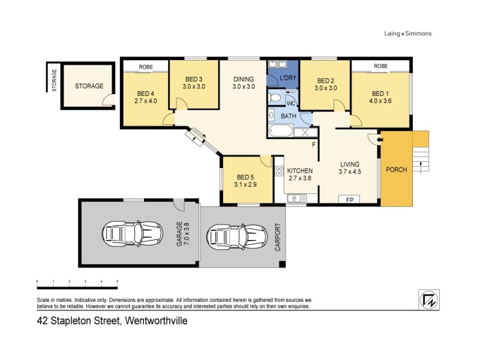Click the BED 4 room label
(146, 93)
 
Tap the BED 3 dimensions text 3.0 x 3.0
(194, 86)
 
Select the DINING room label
(244, 79)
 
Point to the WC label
(290, 103)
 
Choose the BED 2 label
(325, 80)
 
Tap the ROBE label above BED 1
(380, 66)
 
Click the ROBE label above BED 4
(145, 67)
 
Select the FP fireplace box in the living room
(349, 200)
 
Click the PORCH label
(397, 170)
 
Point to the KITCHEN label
(300, 171)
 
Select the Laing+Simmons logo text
(407, 34)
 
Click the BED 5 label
(247, 177)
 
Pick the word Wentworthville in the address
(155, 321)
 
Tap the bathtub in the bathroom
(281, 132)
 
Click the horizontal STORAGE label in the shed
(89, 86)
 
